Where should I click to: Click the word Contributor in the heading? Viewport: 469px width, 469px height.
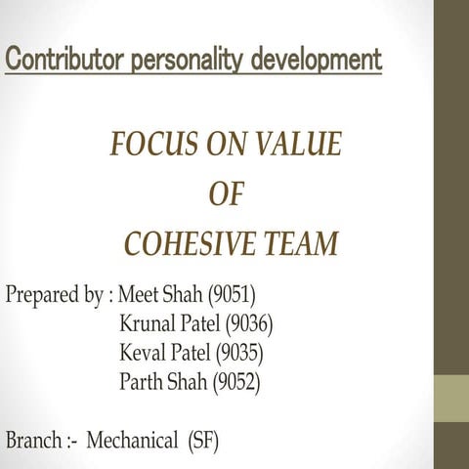[62, 61]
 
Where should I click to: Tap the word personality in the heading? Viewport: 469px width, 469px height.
[184, 61]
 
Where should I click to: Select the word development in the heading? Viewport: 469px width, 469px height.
[317, 61]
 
